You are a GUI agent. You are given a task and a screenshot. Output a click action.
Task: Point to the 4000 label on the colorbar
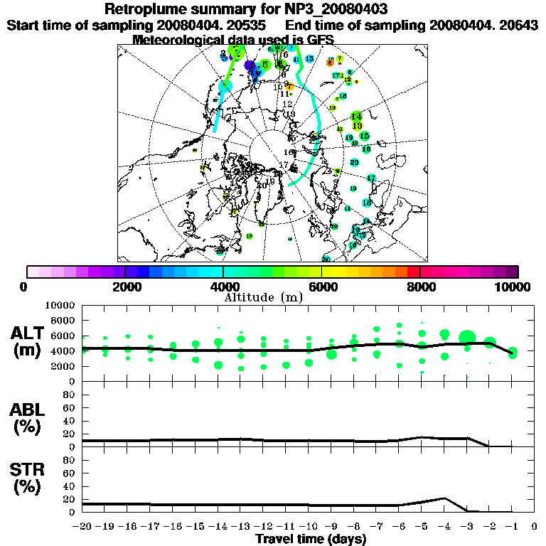coord(223,287)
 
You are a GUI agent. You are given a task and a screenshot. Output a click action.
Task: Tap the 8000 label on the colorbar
coord(419,287)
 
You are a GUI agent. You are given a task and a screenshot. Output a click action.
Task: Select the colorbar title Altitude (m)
coord(272,296)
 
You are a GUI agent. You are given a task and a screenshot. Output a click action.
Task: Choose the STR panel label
coord(28,478)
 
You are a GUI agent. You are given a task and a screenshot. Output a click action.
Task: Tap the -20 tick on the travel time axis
coord(82,527)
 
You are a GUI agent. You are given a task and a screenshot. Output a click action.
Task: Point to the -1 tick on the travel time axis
coord(512,527)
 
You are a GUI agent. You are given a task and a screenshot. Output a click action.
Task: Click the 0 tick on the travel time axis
coord(535,527)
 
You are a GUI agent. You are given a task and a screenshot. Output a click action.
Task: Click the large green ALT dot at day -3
coord(467,338)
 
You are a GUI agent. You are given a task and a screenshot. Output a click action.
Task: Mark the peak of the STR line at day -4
coord(444,498)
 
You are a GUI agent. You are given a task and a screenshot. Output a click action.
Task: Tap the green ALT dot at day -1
coord(512,352)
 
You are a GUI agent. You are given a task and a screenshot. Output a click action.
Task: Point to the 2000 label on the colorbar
coord(125,287)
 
